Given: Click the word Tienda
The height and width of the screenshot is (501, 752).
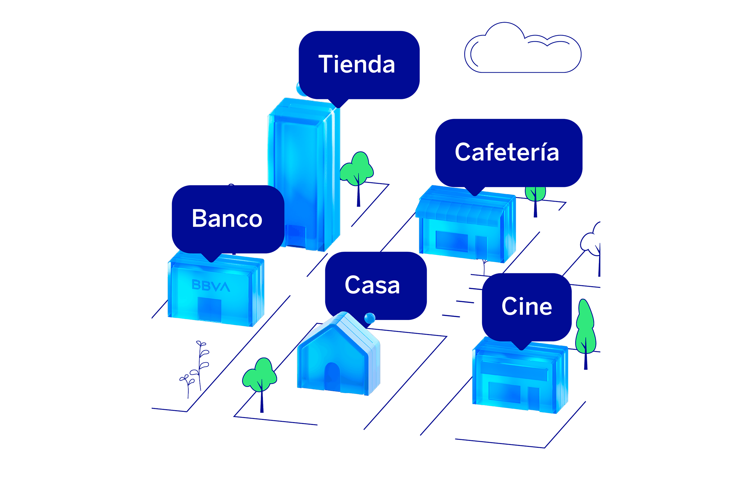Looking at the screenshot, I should [x=357, y=65].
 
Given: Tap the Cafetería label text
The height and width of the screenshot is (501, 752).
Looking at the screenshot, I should [x=507, y=152].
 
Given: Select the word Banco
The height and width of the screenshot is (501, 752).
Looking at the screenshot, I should [x=227, y=219].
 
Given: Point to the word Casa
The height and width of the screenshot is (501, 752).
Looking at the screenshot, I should [x=372, y=285].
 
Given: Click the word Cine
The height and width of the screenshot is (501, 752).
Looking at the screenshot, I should [x=527, y=307].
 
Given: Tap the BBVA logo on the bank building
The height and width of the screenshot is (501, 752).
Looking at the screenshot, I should [x=211, y=286].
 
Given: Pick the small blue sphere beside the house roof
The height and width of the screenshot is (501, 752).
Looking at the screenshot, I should [x=370, y=318].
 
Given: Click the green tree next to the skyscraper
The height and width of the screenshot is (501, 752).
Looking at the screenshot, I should [x=357, y=169].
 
